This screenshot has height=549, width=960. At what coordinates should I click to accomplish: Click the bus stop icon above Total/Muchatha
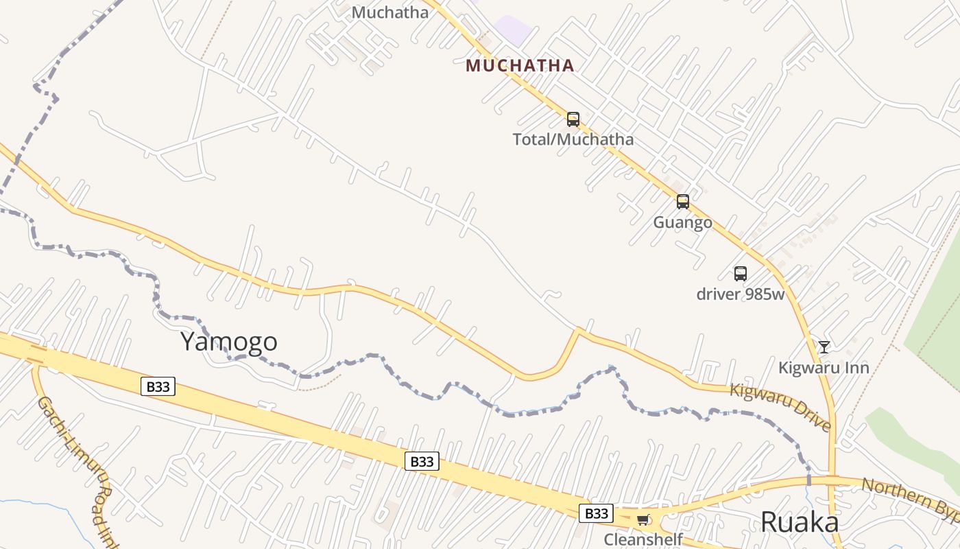[573, 119]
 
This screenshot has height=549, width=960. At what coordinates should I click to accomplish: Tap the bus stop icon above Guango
[683, 202]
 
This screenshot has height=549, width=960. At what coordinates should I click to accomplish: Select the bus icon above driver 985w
[741, 274]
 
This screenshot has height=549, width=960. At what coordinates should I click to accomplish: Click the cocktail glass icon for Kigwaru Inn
[824, 347]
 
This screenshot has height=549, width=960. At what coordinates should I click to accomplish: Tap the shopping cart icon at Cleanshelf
[643, 519]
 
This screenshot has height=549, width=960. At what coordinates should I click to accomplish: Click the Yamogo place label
[229, 342]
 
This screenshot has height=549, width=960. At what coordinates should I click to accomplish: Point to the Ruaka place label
[800, 522]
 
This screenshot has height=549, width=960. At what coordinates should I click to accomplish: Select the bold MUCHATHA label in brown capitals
[520, 66]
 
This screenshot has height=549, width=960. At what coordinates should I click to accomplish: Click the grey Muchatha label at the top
[390, 12]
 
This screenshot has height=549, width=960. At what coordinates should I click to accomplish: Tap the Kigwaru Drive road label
[780, 408]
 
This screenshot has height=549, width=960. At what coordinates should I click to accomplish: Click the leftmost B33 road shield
[158, 386]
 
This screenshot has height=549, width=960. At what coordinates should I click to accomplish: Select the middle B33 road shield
[422, 461]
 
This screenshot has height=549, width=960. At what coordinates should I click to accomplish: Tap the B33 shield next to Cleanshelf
[596, 513]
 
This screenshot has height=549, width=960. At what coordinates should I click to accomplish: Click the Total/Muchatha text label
[573, 140]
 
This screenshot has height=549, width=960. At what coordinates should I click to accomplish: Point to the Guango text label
[682, 222]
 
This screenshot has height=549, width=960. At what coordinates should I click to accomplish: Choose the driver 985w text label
[741, 294]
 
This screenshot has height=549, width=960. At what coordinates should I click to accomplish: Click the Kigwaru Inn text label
[824, 368]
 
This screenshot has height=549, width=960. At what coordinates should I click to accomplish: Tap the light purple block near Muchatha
[513, 30]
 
